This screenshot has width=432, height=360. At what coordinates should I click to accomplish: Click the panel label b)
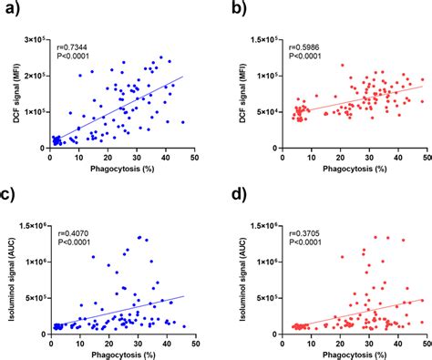236,10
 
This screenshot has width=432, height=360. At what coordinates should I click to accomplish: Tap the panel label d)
236,198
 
